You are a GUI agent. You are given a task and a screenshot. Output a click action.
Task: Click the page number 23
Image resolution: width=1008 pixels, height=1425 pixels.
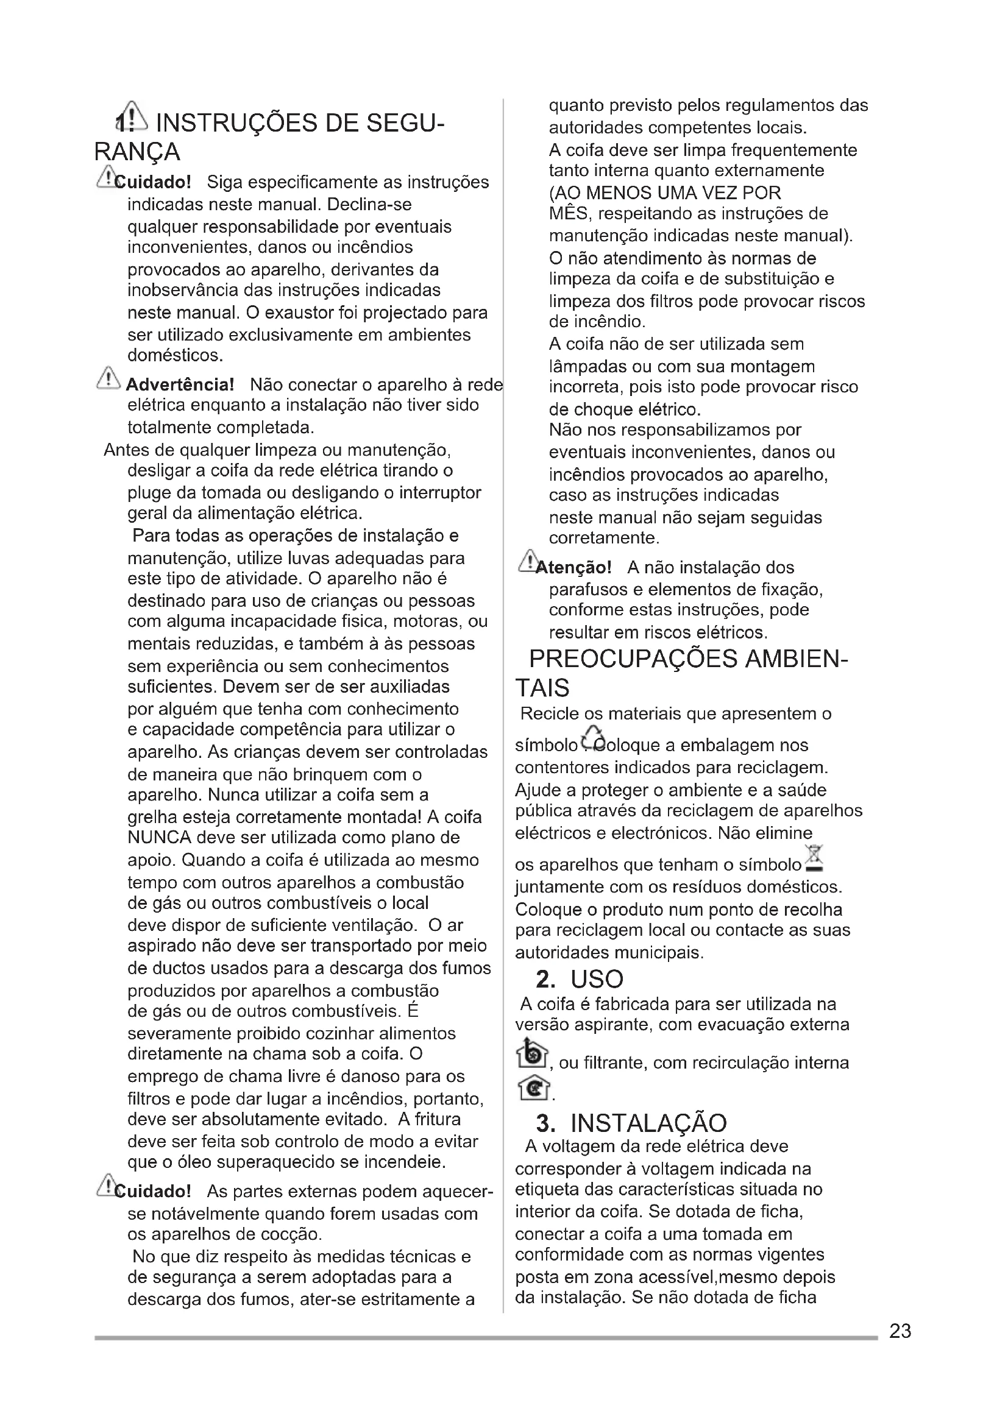[x=900, y=1331]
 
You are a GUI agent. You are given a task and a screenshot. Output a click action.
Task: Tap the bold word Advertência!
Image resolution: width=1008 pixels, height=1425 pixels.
[x=179, y=384]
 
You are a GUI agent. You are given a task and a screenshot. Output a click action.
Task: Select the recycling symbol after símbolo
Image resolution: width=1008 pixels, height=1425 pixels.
[x=594, y=739]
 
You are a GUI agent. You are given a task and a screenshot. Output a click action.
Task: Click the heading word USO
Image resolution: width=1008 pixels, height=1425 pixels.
[x=597, y=979]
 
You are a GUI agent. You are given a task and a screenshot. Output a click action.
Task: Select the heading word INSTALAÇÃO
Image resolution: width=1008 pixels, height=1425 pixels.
[x=648, y=1123]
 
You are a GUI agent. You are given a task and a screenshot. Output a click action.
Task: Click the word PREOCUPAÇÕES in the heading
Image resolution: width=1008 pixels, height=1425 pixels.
[x=633, y=659]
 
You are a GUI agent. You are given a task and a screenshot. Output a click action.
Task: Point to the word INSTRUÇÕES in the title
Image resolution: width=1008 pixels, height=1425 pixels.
[x=236, y=123]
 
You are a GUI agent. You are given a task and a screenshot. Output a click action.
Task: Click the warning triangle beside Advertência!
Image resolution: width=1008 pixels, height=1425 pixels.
[x=108, y=378]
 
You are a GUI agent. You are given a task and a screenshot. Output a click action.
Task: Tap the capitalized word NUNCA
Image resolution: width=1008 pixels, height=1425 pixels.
[x=160, y=837]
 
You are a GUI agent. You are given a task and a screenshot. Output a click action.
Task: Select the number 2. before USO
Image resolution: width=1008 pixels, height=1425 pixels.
[x=545, y=979]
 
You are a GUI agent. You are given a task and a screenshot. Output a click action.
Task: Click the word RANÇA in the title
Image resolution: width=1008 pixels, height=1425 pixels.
[x=137, y=152]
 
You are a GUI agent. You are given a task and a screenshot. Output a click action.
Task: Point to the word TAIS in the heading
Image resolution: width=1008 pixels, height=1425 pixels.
[x=542, y=688]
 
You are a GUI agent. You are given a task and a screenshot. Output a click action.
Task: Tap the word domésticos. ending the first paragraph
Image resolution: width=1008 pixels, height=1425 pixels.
[x=174, y=356]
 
